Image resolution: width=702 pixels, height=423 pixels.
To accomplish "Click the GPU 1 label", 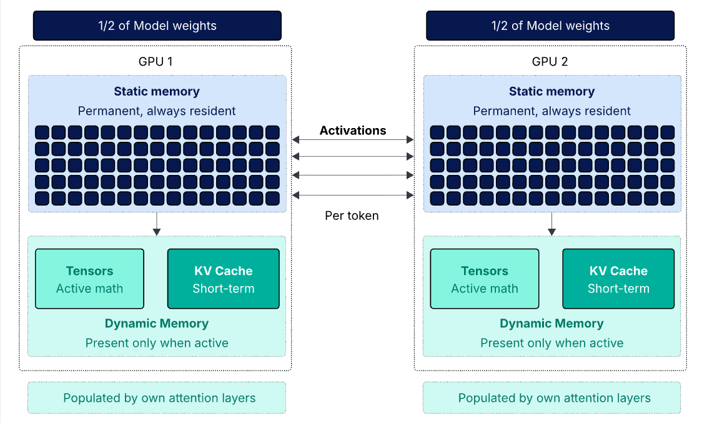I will (157, 62).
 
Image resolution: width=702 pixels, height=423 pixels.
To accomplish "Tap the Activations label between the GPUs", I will (353, 131).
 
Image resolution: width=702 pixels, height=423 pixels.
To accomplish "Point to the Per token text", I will (352, 216).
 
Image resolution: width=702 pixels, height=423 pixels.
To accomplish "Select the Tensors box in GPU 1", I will (89, 279).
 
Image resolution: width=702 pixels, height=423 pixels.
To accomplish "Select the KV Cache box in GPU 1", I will (224, 279).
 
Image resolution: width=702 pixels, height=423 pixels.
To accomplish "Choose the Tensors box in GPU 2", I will (485, 279).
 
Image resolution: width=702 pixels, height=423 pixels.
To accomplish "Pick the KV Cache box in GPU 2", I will (618, 279).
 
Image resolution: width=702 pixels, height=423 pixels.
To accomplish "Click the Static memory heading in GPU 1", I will (157, 91).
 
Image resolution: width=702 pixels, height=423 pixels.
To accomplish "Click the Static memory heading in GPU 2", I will (551, 91).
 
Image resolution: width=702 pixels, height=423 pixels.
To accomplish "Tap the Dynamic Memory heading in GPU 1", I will (157, 324).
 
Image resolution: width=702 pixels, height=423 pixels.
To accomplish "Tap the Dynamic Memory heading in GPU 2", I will (551, 324).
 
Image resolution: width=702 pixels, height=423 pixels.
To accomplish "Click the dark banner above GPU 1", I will (157, 26).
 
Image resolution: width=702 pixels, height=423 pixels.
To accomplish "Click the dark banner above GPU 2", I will (550, 26).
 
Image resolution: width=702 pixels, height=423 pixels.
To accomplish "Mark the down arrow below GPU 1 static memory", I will (157, 224).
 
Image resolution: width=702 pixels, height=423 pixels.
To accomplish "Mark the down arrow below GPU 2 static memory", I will (551, 224).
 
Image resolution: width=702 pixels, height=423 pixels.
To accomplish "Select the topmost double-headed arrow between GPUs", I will (353, 140).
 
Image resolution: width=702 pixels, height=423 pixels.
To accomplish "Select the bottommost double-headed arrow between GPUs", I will (353, 196).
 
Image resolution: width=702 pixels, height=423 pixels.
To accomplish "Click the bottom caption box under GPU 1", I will (157, 398).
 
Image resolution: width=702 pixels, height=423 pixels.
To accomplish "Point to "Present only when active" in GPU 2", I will (551, 343).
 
